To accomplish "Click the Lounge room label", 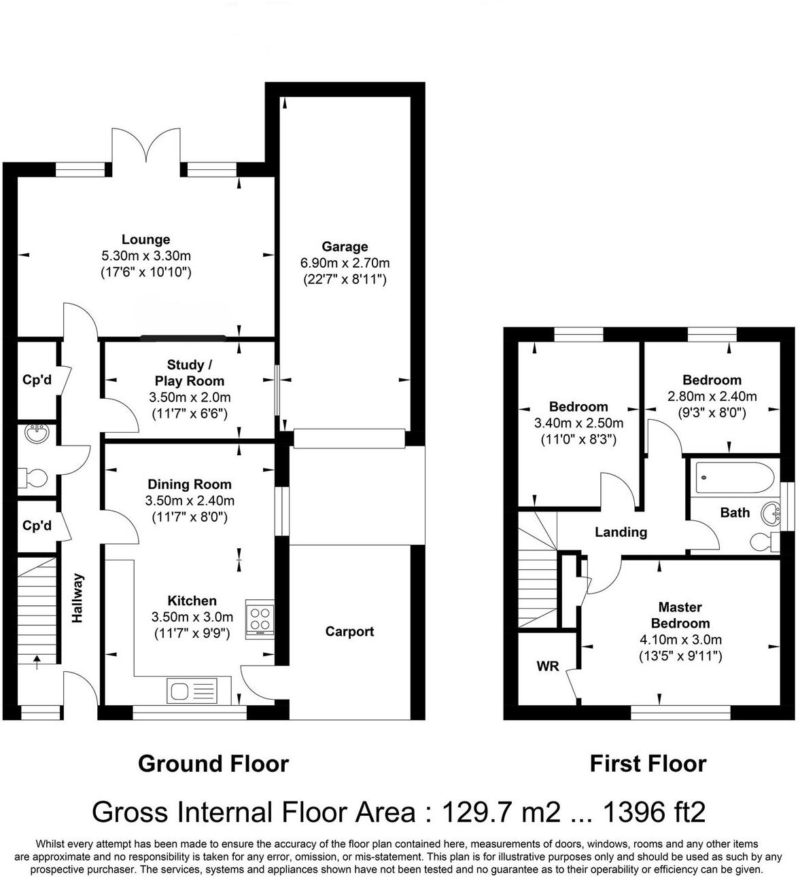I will [145, 240].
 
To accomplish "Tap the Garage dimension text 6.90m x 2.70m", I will [345, 263].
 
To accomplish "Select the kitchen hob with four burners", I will [260, 619].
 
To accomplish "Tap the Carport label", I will [349, 632].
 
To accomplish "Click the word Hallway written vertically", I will [77, 598].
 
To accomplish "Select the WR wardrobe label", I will [547, 666].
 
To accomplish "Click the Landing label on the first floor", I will [621, 532].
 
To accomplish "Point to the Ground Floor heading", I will [213, 764].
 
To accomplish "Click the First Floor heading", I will [648, 764].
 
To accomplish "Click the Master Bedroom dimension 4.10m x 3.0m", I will [680, 639].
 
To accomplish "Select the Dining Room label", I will [189, 484].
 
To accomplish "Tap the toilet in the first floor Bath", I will [763, 541].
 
